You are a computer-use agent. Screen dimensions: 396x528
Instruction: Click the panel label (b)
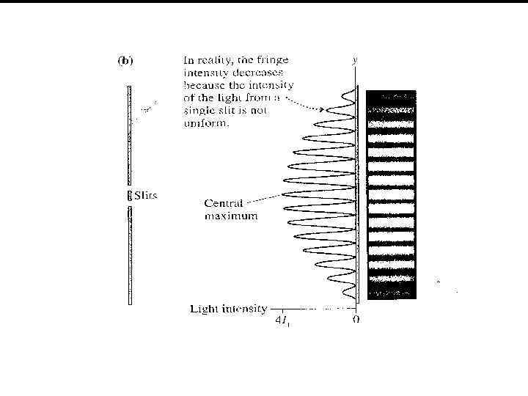pyautogui.click(x=125, y=61)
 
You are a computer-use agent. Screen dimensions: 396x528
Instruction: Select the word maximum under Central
pyautogui.click(x=230, y=216)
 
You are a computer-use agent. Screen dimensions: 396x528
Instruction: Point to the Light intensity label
pyautogui.click(x=229, y=309)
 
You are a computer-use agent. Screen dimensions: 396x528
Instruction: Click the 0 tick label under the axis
pyautogui.click(x=356, y=320)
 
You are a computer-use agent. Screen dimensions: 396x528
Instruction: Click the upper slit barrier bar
pyautogui.click(x=129, y=136)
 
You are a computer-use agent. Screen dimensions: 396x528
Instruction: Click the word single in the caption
pyautogui.click(x=200, y=111)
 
